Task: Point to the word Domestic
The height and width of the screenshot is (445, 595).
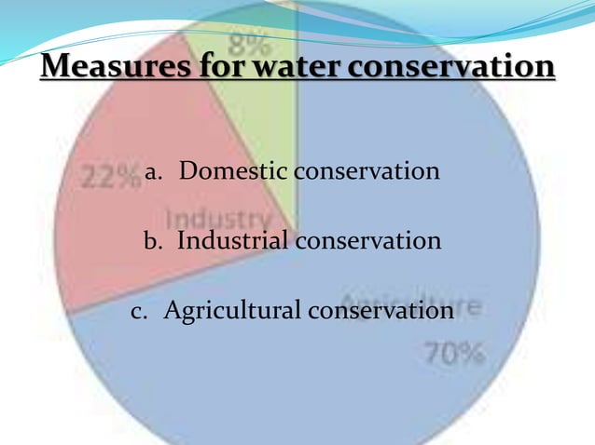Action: (233, 171)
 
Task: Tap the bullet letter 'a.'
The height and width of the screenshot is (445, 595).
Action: (154, 172)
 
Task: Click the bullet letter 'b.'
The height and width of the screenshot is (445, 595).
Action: (153, 241)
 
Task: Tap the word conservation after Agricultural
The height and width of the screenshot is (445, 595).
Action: (381, 309)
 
